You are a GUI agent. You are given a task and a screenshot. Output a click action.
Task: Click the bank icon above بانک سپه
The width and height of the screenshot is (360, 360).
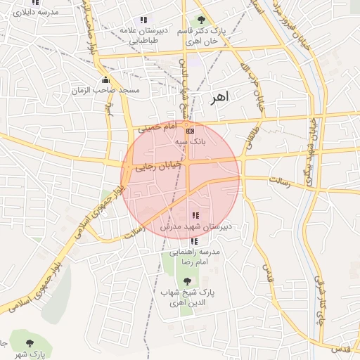pyautogui.click(x=189, y=131)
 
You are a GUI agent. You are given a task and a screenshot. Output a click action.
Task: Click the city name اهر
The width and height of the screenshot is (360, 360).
pyautogui.click(x=219, y=98)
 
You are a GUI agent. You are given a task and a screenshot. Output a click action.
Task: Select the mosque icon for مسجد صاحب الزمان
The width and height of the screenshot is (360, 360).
pyautogui.click(x=106, y=79)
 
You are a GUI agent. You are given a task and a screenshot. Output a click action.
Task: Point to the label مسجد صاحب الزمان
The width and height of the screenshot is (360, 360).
pyautogui.click(x=105, y=91)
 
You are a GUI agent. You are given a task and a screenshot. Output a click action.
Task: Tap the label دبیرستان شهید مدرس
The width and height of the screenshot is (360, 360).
pyautogui.click(x=196, y=227)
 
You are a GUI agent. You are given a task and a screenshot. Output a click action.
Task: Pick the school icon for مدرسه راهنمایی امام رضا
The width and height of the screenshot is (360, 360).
pyautogui.click(x=195, y=241)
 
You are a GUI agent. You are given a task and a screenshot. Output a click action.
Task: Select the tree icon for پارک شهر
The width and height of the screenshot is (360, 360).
pyautogui.click(x=29, y=343)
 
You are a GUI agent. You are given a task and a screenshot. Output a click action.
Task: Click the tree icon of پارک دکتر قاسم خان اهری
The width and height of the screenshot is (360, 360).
pyautogui.click(x=202, y=20)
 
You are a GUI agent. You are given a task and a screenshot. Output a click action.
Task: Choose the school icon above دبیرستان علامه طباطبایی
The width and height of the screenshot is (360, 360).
pyautogui.click(x=143, y=20)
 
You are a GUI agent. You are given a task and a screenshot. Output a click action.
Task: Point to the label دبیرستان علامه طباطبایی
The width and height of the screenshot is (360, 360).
pyautogui.click(x=143, y=35)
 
